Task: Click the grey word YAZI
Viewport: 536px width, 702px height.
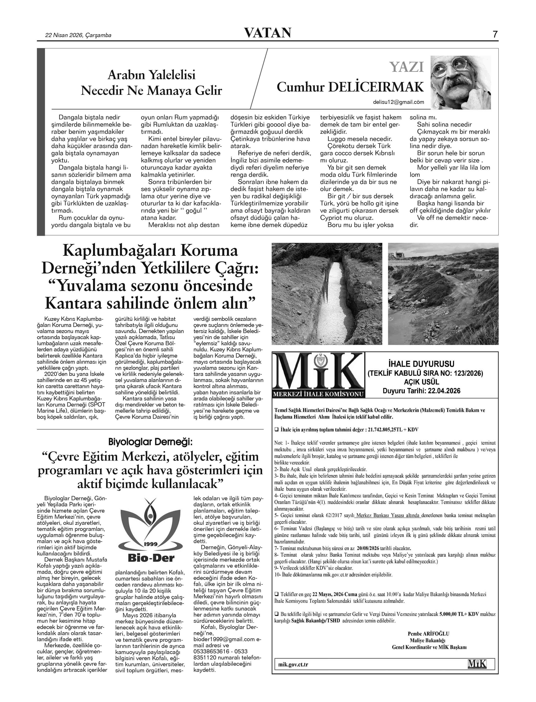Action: [x=406, y=67]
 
